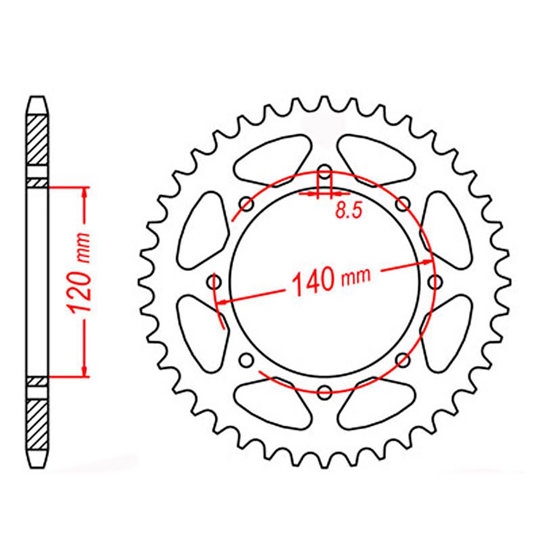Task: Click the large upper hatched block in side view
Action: click(37, 140)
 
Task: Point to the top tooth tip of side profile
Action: click(37, 100)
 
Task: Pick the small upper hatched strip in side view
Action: click(37, 183)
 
